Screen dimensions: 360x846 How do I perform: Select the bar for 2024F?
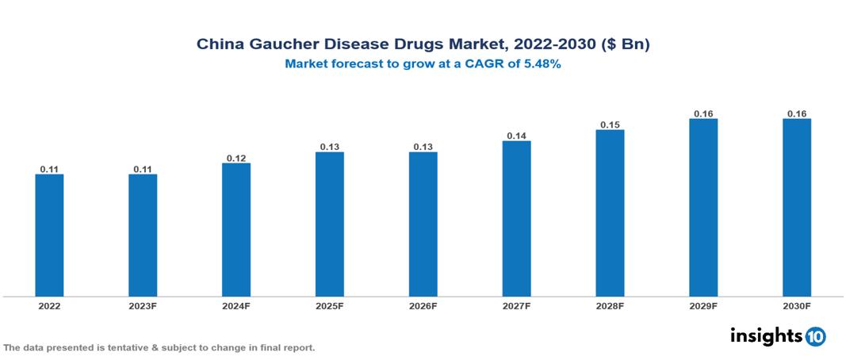tap(236, 230)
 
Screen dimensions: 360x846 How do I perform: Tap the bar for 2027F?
tap(516, 219)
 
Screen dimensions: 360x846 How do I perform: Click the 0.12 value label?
tap(236, 159)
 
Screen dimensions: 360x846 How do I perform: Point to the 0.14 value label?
tap(516, 136)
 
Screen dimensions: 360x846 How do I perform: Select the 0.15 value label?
tap(610, 125)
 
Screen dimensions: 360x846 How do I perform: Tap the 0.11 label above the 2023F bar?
tap(143, 170)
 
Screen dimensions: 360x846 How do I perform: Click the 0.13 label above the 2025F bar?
tap(330, 147)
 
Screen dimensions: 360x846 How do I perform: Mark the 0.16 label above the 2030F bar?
tap(797, 114)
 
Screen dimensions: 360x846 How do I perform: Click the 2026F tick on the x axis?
tap(423, 305)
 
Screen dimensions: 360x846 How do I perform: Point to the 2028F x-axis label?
tap(610, 305)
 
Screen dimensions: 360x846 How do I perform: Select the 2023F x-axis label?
tap(143, 305)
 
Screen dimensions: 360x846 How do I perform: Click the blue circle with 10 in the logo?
tap(815, 336)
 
